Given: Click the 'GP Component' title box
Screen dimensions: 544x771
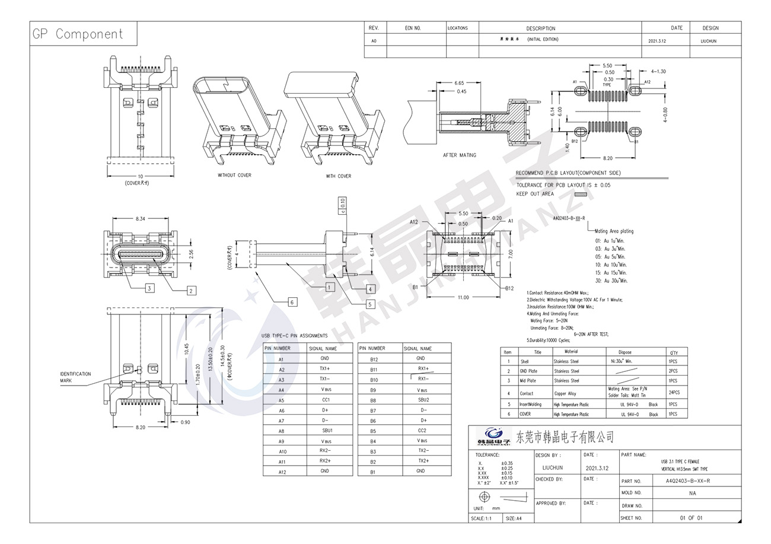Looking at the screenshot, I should [78, 34].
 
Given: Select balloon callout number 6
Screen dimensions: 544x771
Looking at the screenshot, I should [292, 302].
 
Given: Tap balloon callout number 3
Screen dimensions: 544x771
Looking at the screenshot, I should [149, 288].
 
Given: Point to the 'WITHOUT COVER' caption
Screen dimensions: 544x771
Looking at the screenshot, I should [234, 176].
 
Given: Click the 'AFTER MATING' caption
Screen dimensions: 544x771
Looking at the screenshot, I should [459, 155].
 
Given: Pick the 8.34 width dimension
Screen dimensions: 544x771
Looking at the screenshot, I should [140, 219].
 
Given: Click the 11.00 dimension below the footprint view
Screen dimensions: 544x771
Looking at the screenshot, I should [463, 297].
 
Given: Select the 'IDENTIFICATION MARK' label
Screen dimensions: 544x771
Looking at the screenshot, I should [75, 377].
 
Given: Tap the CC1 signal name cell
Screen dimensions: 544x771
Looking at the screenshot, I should [325, 400].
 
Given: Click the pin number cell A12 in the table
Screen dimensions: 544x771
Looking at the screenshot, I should [282, 472].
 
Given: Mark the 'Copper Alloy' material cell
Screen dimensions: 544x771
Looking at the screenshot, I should [565, 393].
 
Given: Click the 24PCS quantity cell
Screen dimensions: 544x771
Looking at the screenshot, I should [674, 393].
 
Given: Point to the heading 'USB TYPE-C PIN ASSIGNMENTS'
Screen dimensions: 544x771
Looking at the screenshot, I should [294, 336].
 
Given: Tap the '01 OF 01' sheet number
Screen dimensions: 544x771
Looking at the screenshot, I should [691, 518].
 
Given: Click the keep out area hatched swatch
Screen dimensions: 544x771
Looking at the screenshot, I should [580, 194].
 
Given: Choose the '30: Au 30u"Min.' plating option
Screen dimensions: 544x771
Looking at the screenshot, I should [611, 281].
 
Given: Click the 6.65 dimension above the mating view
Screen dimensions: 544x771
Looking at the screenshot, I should [459, 83].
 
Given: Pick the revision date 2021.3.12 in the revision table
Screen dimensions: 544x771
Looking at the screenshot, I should [657, 41].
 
